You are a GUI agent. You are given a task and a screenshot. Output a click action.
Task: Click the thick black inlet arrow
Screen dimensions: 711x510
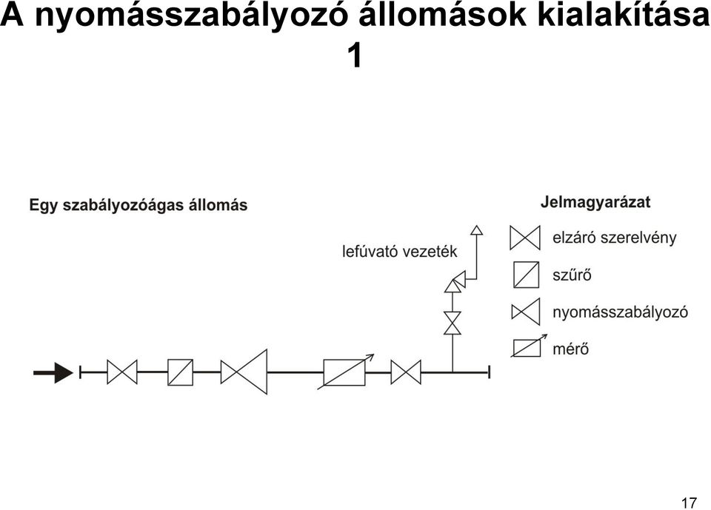(53, 372)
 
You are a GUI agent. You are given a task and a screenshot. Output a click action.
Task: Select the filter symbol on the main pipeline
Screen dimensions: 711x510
(180, 372)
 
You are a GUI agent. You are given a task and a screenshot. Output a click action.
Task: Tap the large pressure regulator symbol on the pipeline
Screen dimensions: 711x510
(244, 372)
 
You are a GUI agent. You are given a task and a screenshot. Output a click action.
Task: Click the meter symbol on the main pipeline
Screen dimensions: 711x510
(345, 372)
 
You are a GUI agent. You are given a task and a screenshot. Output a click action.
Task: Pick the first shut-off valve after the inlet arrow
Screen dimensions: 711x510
(122, 372)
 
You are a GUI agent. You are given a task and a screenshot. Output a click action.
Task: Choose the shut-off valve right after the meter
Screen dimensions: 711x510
(406, 372)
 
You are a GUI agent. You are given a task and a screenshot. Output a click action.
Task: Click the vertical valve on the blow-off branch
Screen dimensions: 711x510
(453, 323)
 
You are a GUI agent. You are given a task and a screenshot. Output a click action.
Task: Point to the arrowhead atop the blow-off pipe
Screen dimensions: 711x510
(476, 230)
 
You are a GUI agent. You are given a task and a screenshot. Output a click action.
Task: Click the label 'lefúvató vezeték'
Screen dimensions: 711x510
(399, 251)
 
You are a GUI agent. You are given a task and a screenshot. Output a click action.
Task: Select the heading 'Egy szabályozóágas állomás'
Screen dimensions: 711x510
(138, 205)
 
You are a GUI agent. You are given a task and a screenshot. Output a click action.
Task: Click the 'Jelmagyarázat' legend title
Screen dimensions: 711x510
(595, 202)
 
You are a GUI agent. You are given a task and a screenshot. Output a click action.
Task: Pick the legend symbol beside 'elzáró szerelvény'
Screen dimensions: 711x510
(525, 238)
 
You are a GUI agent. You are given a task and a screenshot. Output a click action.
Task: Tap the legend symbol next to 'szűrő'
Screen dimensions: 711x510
(527, 275)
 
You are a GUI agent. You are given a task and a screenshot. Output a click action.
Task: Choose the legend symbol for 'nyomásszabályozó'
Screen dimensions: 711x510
(526, 312)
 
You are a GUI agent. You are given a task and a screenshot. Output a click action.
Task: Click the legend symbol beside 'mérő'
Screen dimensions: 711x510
(528, 347)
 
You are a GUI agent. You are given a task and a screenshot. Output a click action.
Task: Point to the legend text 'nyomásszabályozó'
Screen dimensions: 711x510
(621, 312)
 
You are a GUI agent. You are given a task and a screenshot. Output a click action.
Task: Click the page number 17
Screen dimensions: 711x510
(688, 503)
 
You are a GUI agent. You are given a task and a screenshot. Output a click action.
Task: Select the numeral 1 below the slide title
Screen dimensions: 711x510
(355, 56)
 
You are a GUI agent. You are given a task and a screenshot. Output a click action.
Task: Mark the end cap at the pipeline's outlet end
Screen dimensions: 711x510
(489, 372)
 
